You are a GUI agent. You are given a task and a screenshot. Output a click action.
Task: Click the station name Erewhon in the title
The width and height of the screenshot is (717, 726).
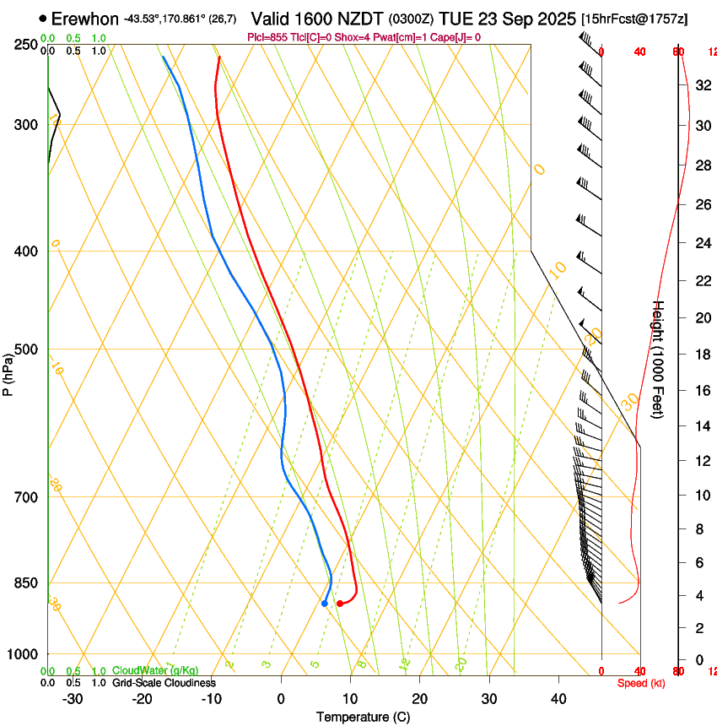[x=85, y=18]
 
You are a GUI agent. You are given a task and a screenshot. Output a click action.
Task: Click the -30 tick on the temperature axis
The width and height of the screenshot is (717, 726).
[x=73, y=699]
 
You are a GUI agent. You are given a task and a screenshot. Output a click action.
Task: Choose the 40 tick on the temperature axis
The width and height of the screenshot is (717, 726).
[x=558, y=699]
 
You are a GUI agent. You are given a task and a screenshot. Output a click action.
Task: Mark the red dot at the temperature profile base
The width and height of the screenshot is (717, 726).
[x=340, y=603]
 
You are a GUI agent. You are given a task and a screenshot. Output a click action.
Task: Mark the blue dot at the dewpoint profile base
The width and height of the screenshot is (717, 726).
[x=325, y=603]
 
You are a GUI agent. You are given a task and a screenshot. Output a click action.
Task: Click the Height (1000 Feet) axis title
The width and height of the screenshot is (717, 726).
[x=659, y=359]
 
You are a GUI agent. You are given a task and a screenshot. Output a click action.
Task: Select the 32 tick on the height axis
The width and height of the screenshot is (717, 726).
[x=702, y=84]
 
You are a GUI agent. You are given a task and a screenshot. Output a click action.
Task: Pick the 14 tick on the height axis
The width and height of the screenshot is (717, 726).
[x=702, y=426]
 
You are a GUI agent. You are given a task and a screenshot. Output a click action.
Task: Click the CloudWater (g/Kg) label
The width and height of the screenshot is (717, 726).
[x=155, y=671]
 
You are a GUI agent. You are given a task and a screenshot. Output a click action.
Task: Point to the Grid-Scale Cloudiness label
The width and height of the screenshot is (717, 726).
[x=164, y=683]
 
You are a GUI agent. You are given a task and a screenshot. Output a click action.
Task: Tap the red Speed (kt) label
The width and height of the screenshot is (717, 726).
[x=641, y=683]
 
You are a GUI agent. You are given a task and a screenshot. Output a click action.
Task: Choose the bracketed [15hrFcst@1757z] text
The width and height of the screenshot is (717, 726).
[x=633, y=18]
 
